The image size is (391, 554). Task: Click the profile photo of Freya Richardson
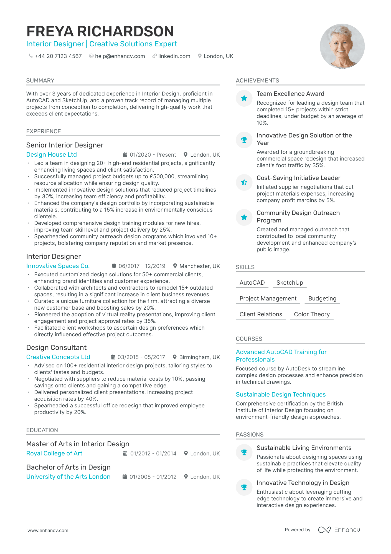click(342, 46)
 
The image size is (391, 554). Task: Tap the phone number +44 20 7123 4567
click(58, 56)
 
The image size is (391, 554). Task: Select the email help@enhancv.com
click(120, 56)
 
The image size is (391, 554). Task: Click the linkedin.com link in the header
click(174, 56)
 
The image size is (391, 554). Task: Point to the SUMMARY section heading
click(40, 81)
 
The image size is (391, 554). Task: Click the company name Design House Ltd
click(51, 155)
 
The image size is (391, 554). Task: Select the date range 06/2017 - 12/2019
click(142, 266)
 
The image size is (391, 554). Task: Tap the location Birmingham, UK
click(199, 357)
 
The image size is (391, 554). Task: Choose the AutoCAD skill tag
click(252, 283)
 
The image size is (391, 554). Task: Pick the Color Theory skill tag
click(312, 314)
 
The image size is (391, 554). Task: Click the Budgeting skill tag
click(322, 299)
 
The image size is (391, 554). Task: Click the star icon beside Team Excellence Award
click(244, 98)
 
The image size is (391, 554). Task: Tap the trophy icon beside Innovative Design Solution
click(244, 140)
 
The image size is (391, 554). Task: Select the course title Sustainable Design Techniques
click(281, 395)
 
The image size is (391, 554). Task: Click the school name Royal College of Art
click(54, 453)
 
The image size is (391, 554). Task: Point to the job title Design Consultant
click(56, 348)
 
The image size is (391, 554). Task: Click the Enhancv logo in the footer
click(339, 530)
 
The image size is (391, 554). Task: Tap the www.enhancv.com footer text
click(48, 530)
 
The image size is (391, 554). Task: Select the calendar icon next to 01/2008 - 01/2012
click(125, 477)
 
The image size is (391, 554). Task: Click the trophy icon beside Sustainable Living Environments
click(244, 452)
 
